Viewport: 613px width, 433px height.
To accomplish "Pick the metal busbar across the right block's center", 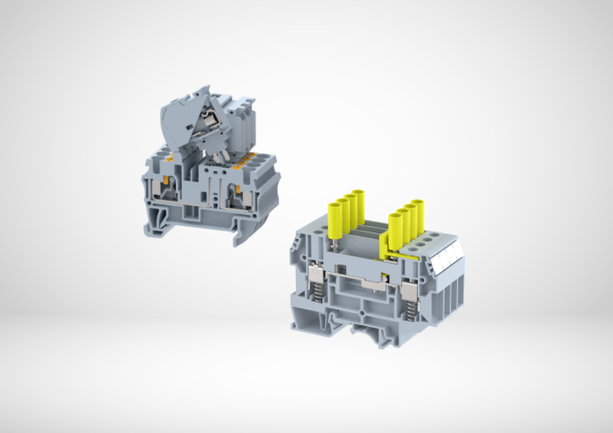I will (x=360, y=282).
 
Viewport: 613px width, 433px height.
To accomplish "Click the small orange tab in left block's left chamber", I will (x=166, y=180).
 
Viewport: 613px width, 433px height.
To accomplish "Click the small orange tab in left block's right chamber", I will (x=238, y=188).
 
